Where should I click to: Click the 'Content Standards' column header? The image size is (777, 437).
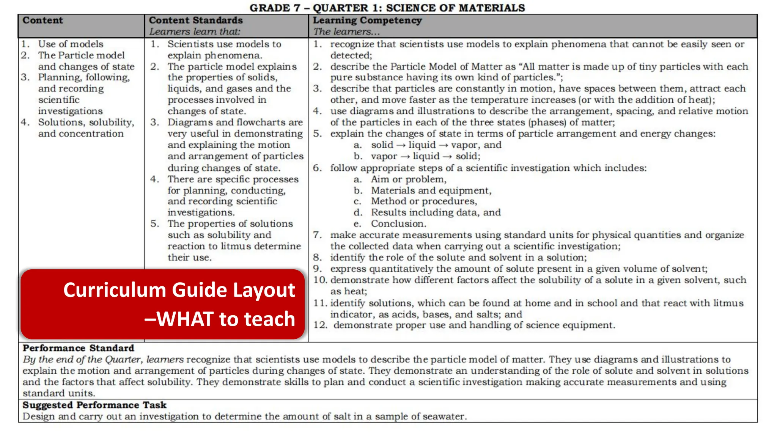(x=195, y=20)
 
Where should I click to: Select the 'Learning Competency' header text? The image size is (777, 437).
(x=367, y=20)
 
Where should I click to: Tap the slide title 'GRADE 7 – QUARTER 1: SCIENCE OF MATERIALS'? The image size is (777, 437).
(x=387, y=8)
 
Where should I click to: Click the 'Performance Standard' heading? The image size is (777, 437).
(x=78, y=348)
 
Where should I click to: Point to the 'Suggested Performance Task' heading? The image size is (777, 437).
(x=94, y=405)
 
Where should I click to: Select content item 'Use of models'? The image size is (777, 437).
(x=71, y=44)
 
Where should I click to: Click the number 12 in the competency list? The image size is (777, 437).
(x=320, y=325)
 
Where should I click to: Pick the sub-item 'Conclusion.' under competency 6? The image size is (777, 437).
(x=398, y=223)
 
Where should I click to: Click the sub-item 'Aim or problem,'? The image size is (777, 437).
(x=409, y=179)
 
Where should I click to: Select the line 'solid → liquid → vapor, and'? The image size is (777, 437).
(x=436, y=145)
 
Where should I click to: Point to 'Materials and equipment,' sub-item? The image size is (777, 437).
(x=431, y=190)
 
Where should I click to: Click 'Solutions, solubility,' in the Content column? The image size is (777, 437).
(x=86, y=122)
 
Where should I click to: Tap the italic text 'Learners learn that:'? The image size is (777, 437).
(x=195, y=31)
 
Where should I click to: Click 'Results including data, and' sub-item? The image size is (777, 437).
(x=436, y=212)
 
